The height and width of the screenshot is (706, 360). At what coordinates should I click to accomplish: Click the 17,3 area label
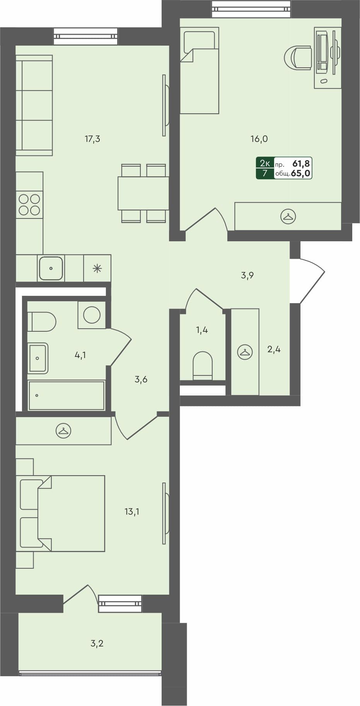(92, 139)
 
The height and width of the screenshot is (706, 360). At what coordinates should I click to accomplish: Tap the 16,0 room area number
(259, 139)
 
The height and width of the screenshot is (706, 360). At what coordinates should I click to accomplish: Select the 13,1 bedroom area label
(132, 512)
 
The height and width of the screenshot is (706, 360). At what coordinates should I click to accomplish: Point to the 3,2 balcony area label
(97, 644)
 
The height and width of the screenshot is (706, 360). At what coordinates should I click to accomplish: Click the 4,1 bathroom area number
(80, 355)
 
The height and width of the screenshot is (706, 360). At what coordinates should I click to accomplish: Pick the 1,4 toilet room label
(202, 330)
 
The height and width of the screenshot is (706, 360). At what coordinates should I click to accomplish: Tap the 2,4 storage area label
(274, 350)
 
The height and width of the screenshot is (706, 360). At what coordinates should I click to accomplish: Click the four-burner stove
(29, 205)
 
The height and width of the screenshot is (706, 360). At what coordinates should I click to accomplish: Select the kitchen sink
(51, 268)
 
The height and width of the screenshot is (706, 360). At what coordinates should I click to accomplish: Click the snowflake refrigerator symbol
(97, 268)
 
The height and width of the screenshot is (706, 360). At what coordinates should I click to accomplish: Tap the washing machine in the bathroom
(92, 315)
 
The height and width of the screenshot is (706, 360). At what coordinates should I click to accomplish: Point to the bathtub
(67, 396)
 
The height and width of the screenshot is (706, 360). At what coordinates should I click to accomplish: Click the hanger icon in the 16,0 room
(288, 217)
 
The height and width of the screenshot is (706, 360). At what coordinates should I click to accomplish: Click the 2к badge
(265, 163)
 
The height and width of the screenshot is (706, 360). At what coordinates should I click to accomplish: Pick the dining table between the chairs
(143, 193)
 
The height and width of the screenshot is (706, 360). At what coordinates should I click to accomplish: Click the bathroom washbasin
(38, 358)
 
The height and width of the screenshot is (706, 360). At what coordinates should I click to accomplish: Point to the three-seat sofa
(34, 105)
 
